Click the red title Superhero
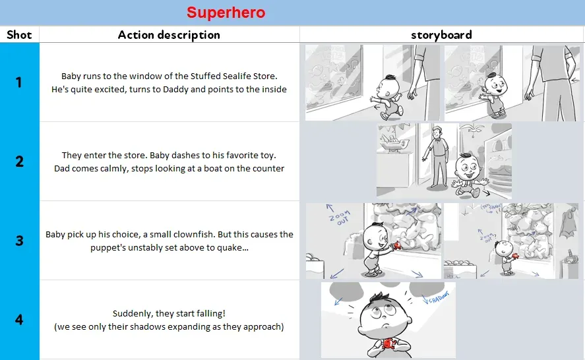[226, 13]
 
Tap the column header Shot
[19, 35]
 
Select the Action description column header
[169, 35]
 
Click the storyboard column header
[441, 35]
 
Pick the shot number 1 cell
[19, 82]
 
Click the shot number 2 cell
[19, 162]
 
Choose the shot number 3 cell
[19, 241]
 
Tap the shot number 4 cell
[19, 320]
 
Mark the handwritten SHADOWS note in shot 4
[436, 298]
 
